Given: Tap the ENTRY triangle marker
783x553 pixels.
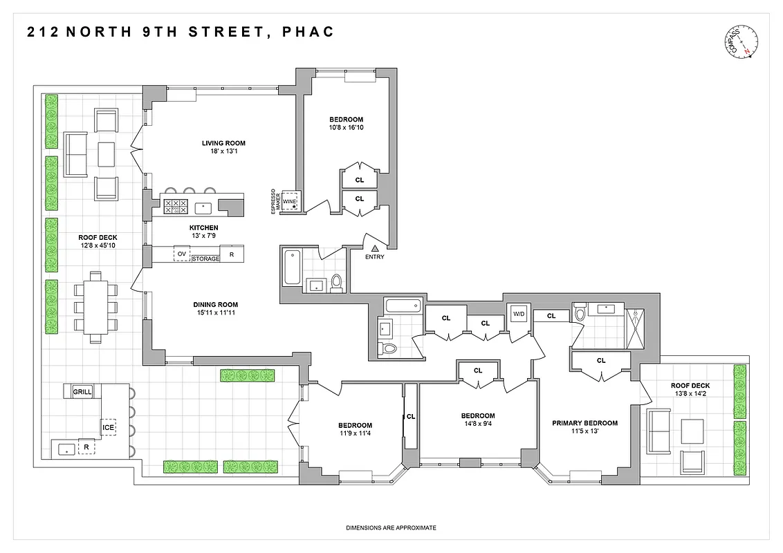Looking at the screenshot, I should [375, 247].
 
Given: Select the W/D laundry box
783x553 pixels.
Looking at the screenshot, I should [518, 315].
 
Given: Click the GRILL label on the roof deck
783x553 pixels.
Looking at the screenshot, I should [82, 392].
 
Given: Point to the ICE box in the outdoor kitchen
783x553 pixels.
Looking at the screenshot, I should [109, 428].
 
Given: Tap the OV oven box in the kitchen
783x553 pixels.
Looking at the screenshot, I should [182, 254].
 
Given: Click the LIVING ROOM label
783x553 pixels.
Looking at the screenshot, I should [223, 144].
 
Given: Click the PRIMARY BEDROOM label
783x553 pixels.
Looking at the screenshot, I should [584, 423].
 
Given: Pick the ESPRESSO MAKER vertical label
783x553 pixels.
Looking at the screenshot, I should [276, 201].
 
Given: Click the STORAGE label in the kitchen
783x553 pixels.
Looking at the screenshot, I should [205, 259].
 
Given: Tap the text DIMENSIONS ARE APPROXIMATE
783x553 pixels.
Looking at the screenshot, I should [391, 528].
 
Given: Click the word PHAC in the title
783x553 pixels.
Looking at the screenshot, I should [308, 32].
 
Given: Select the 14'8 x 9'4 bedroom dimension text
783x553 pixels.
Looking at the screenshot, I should [478, 424].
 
